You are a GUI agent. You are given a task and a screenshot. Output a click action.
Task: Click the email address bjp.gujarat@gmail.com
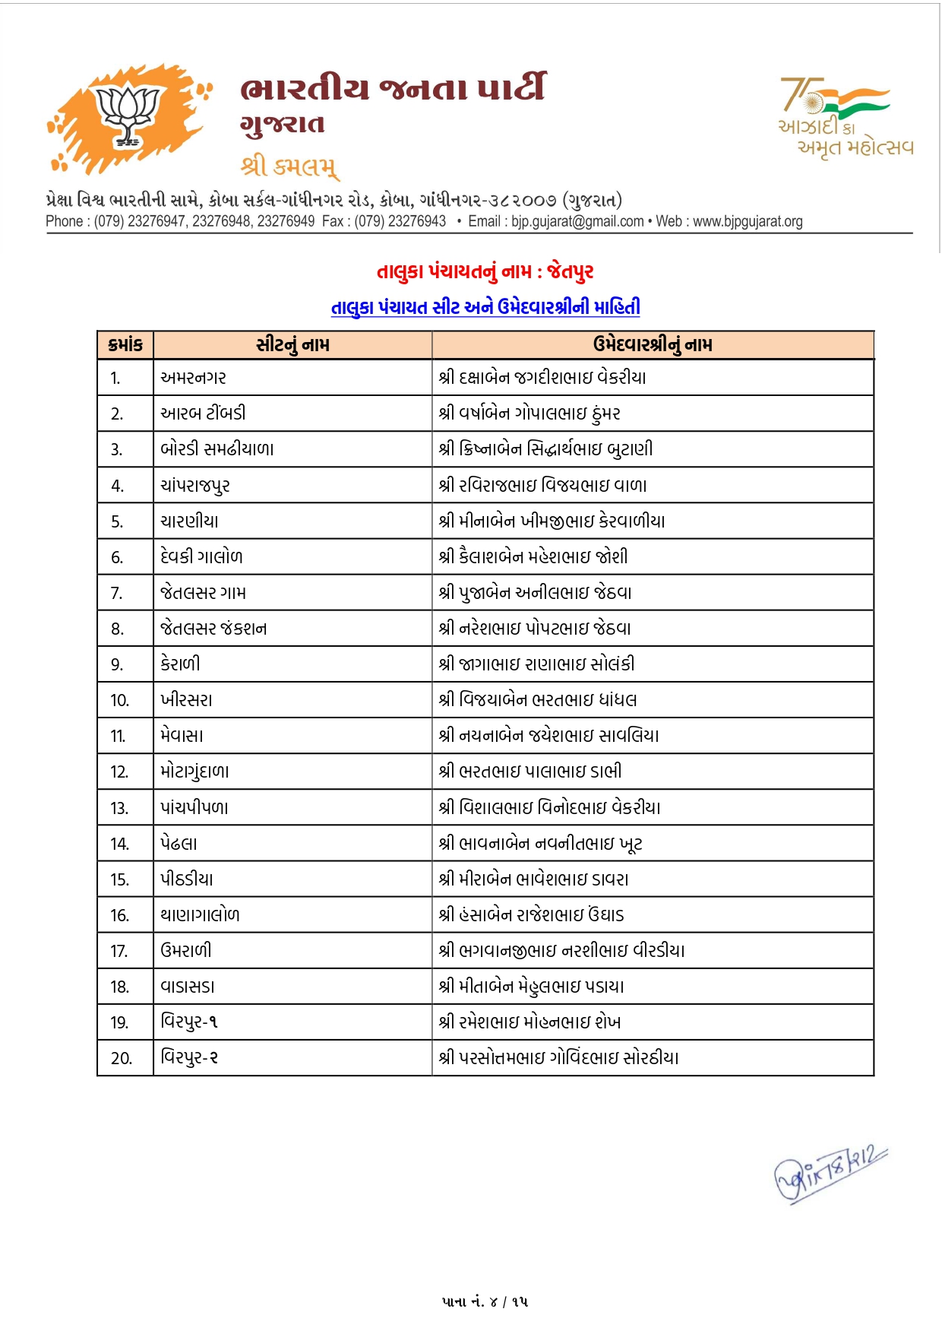pos(577,221)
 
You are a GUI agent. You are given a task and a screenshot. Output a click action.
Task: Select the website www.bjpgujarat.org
pos(748,221)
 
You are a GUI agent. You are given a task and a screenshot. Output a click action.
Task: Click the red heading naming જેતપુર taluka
pos(485,271)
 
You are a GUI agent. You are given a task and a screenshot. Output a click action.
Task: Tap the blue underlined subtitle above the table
pos(485,307)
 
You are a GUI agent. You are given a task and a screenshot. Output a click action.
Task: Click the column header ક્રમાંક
pos(125,344)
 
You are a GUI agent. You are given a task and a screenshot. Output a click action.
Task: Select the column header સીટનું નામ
pos(292,344)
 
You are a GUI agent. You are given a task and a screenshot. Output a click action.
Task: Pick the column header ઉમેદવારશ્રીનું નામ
pos(653,344)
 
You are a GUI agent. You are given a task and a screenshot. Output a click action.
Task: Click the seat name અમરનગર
pos(193,378)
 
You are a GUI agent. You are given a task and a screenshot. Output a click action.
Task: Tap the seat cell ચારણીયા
pos(189,521)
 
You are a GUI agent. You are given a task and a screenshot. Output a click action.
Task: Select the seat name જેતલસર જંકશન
pos(213,629)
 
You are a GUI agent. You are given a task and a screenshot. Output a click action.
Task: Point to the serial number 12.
pos(119,772)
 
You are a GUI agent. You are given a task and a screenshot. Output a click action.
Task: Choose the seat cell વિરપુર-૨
pos(189,1057)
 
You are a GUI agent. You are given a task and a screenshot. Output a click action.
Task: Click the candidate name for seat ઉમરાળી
pos(561,951)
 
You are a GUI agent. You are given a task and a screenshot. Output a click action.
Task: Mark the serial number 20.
pos(121,1058)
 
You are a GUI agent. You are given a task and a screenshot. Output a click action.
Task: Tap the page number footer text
pos(485,1302)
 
